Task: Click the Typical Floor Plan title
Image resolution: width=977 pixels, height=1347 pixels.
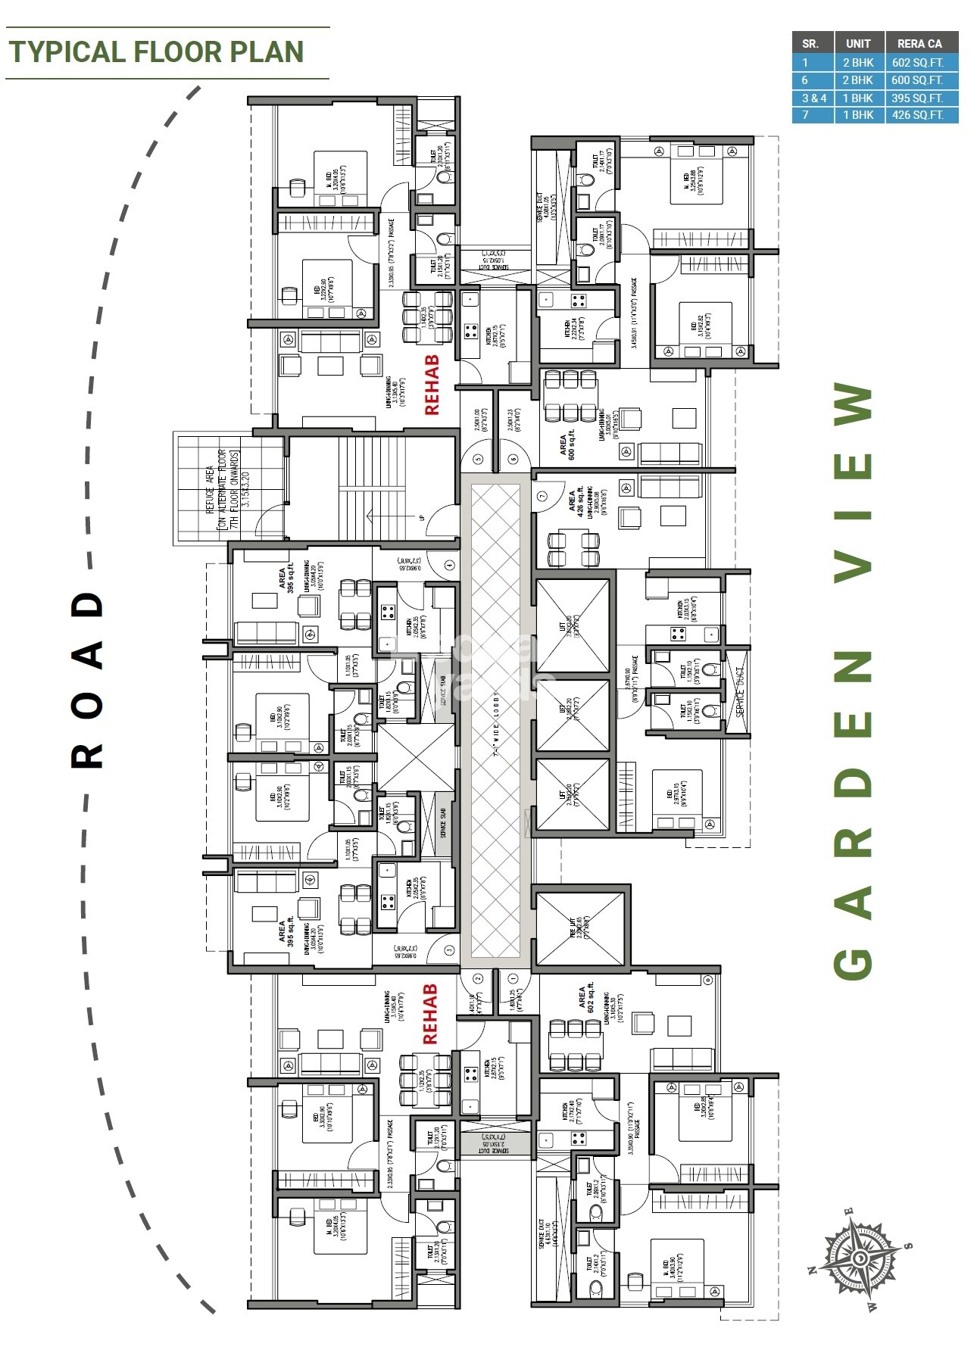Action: pyautogui.click(x=156, y=51)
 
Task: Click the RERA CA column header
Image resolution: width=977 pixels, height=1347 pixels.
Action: pyautogui.click(x=919, y=44)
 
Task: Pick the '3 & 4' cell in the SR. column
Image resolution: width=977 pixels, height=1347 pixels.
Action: pyautogui.click(x=814, y=98)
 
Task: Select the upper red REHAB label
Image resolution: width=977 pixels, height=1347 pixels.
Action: pyautogui.click(x=431, y=385)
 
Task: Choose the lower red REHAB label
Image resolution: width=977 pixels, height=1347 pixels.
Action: pyautogui.click(x=430, y=1015)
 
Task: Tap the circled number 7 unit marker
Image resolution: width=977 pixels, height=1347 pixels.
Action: pyautogui.click(x=542, y=497)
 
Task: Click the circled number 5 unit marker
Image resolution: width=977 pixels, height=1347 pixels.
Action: pyautogui.click(x=478, y=459)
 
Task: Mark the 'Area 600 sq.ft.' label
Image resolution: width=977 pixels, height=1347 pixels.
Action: pyautogui.click(x=567, y=445)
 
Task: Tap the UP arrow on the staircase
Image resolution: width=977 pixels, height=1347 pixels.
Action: pyautogui.click(x=422, y=518)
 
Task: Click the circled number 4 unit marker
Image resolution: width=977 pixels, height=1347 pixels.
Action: pyautogui.click(x=449, y=565)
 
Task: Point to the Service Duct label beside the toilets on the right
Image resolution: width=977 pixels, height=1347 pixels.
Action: pyautogui.click(x=739, y=691)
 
